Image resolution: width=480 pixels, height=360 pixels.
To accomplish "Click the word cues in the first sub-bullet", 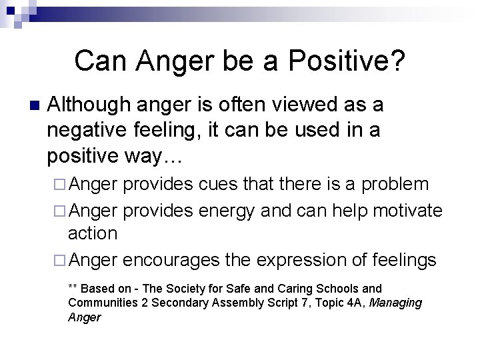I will click(x=215, y=184).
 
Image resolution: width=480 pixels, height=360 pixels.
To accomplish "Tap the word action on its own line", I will click(x=93, y=233).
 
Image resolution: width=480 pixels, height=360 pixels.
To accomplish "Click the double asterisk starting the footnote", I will click(x=73, y=289).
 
